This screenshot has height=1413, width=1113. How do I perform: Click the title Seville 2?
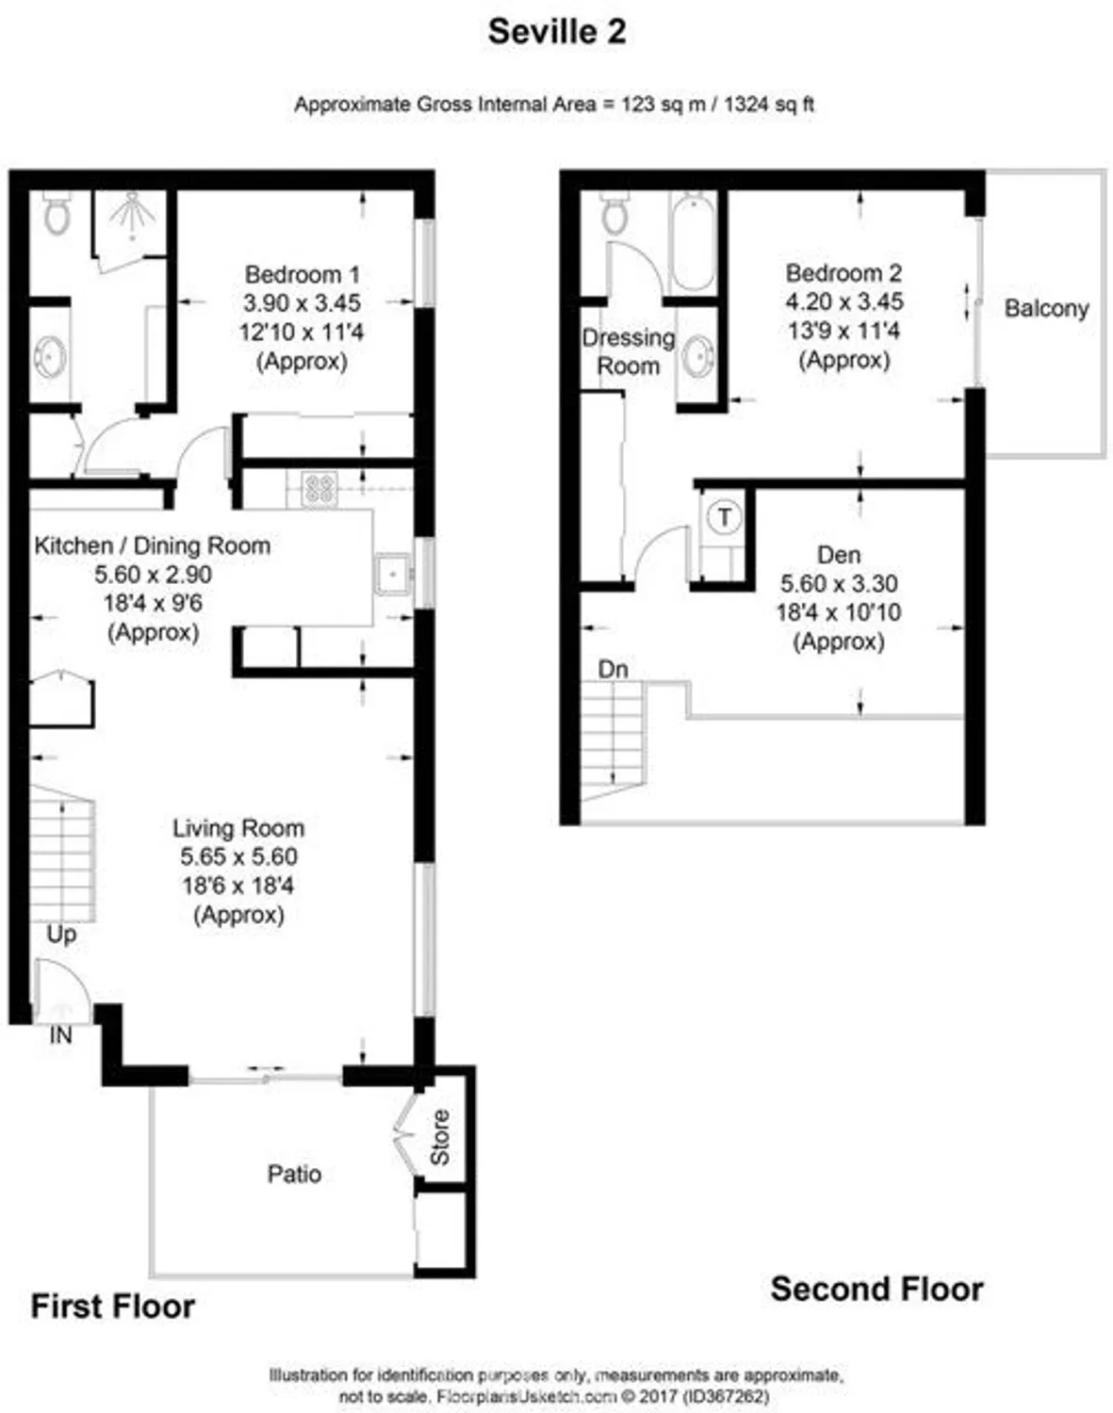click(x=556, y=32)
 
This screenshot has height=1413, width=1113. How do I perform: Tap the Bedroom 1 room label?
click(x=302, y=275)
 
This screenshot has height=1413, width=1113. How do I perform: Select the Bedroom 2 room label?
click(x=843, y=273)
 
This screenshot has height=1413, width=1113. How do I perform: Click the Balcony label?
click(x=1045, y=308)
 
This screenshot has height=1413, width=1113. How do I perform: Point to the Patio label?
click(x=294, y=1174)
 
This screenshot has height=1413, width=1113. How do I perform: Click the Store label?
click(x=440, y=1137)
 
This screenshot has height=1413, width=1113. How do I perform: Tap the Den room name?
click(x=838, y=554)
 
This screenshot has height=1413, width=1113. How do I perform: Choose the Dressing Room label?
click(x=628, y=351)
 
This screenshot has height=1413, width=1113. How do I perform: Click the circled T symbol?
click(x=724, y=516)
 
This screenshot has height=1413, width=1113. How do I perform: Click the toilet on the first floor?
click(x=57, y=214)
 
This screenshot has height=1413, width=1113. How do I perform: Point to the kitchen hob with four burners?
click(x=319, y=488)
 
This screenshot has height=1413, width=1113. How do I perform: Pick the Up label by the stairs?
click(x=61, y=934)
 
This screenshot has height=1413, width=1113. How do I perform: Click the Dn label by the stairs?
click(x=613, y=669)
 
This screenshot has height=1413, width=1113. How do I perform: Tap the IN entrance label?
click(x=60, y=1035)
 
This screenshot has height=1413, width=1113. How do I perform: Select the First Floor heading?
click(x=112, y=1307)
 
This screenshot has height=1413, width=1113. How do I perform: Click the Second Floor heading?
click(x=876, y=1289)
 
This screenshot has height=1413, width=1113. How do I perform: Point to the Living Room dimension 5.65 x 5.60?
click(x=238, y=856)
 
